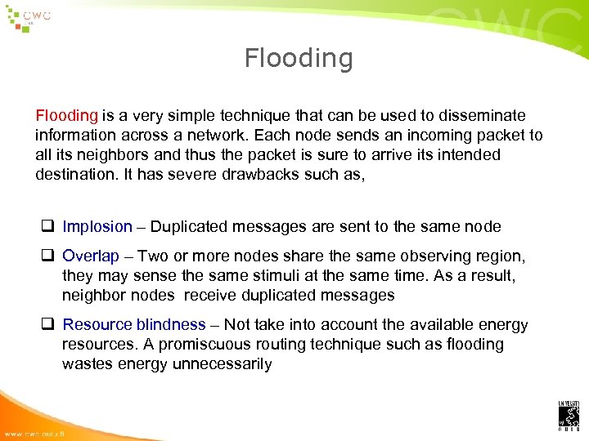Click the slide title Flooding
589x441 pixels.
(299, 58)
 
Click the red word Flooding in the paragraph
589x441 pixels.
(66, 116)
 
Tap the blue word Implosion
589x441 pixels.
(97, 227)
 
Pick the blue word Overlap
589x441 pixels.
(91, 256)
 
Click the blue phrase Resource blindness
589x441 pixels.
(134, 325)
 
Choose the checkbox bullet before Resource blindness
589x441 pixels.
(48, 325)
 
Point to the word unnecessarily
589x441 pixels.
(222, 364)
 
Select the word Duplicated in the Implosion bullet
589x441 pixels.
(190, 227)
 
